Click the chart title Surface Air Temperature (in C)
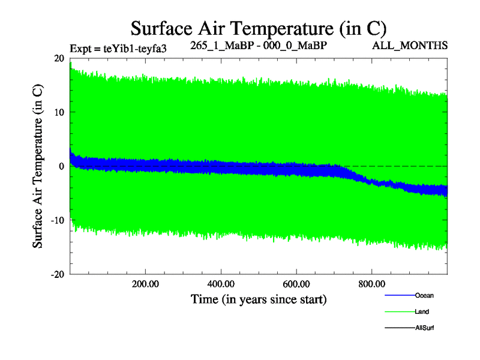coord(258,28)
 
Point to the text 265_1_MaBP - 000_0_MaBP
coord(259,46)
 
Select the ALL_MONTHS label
coord(410,46)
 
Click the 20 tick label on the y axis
coord(59,58)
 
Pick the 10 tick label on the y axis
coord(59,112)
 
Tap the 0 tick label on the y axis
coord(62,166)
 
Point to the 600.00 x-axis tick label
coord(296,284)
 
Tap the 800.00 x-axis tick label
coord(372,284)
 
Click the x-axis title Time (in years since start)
coord(259,298)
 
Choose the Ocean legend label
coord(424,295)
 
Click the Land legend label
coord(422,312)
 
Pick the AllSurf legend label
coord(425,328)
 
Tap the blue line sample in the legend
coord(399,295)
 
